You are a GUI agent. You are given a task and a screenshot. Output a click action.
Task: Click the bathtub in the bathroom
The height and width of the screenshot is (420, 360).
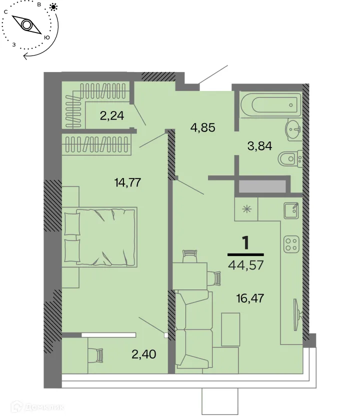point(270,105)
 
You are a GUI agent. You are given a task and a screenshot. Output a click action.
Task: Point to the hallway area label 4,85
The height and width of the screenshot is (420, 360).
point(202,127)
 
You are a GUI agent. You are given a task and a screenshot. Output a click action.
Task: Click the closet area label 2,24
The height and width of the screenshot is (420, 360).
point(111,116)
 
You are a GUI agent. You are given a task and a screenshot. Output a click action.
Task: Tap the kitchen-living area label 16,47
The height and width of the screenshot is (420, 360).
point(249,299)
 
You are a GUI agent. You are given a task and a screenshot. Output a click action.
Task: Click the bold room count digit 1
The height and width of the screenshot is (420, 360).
point(245,243)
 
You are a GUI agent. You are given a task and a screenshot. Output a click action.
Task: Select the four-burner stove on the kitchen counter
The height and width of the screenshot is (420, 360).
point(291,243)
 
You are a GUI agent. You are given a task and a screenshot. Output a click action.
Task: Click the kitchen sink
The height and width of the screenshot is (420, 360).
point(290,210)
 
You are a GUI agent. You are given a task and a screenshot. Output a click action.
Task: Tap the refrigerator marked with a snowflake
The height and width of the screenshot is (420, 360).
point(246,209)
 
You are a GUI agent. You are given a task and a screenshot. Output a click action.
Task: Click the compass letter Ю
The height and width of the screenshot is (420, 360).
point(47,37)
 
